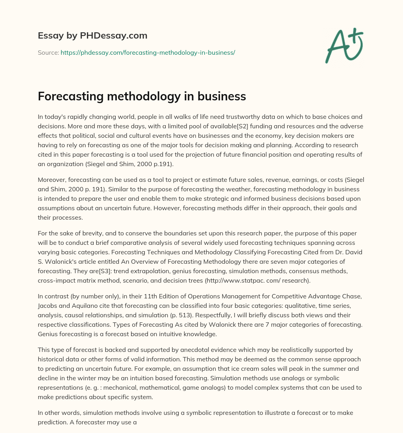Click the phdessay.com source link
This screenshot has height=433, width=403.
click(x=148, y=52)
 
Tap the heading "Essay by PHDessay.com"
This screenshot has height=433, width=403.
click(x=92, y=36)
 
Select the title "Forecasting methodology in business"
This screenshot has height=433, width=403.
click(x=142, y=96)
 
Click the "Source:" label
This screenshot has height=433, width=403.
click(x=48, y=52)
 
